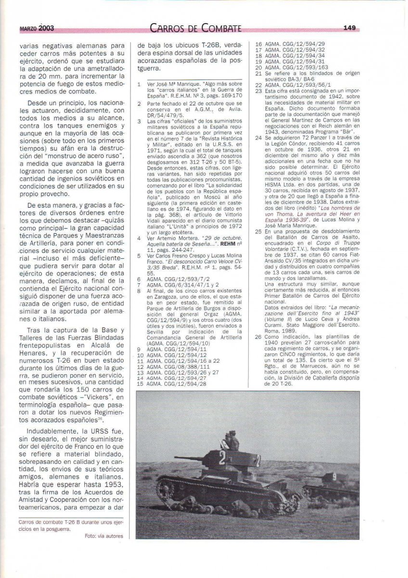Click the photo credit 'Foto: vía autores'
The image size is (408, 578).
(103, 536)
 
